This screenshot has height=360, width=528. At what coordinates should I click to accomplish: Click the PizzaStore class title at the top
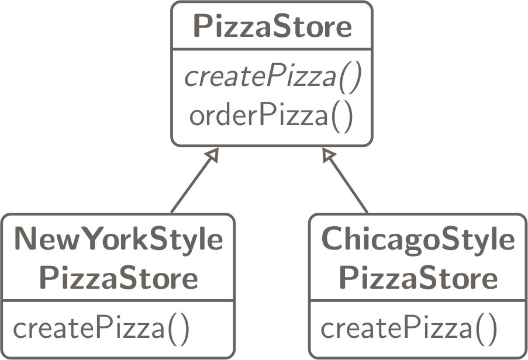(x=272, y=27)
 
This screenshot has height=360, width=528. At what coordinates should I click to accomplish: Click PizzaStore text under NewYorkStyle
(x=119, y=278)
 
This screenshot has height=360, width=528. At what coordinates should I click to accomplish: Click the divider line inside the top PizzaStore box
(x=272, y=49)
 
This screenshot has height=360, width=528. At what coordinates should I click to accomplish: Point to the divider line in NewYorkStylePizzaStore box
(x=119, y=302)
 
